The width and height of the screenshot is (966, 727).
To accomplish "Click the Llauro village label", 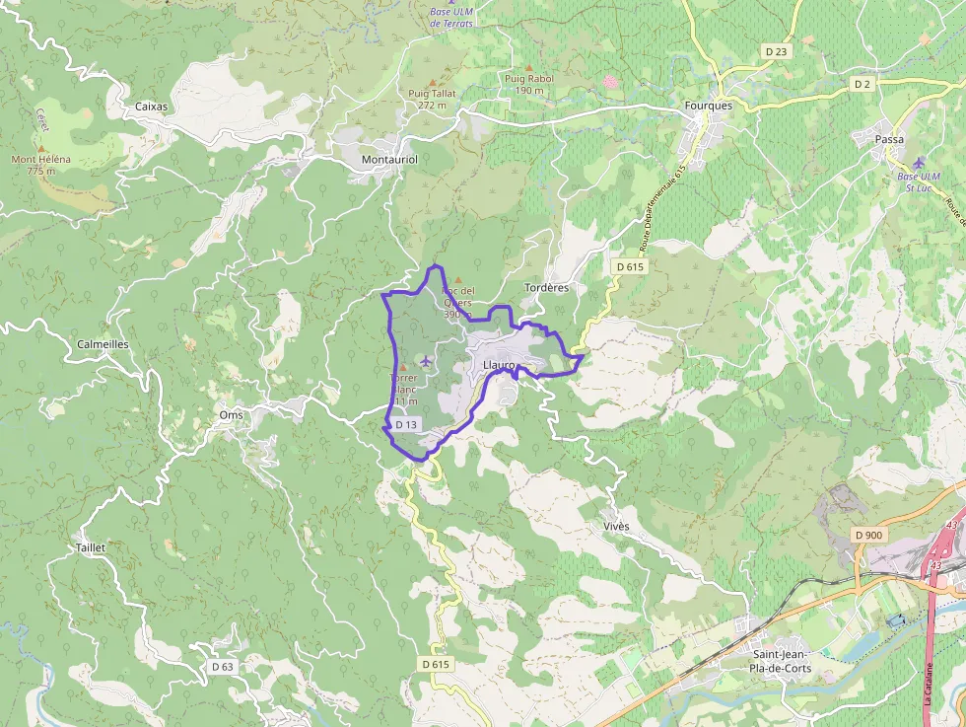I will coord(500,366).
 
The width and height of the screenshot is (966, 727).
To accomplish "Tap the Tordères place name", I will coord(547,288).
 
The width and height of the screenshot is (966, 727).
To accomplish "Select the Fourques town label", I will coord(708,106).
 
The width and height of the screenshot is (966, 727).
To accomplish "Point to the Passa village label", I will coord(889,140).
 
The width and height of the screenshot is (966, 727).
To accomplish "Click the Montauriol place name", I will coord(390,159).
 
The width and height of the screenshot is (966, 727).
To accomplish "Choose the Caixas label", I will coord(152,106).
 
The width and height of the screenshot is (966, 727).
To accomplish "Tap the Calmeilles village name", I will coord(103,344).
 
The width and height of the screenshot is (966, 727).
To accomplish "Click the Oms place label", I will coord(231,415).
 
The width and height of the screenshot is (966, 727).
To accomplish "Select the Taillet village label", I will coord(90,546).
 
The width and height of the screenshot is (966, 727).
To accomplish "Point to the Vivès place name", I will coord(616,527).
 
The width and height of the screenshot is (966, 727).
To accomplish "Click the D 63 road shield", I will coord(223,667).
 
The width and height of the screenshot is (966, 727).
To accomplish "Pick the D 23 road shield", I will coord(777,50).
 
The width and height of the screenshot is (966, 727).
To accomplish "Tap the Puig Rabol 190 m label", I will coord(529,84).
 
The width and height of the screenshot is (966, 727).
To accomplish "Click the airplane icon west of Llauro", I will coord(425,361).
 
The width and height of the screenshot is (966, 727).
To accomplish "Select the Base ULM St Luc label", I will coord(919,182).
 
